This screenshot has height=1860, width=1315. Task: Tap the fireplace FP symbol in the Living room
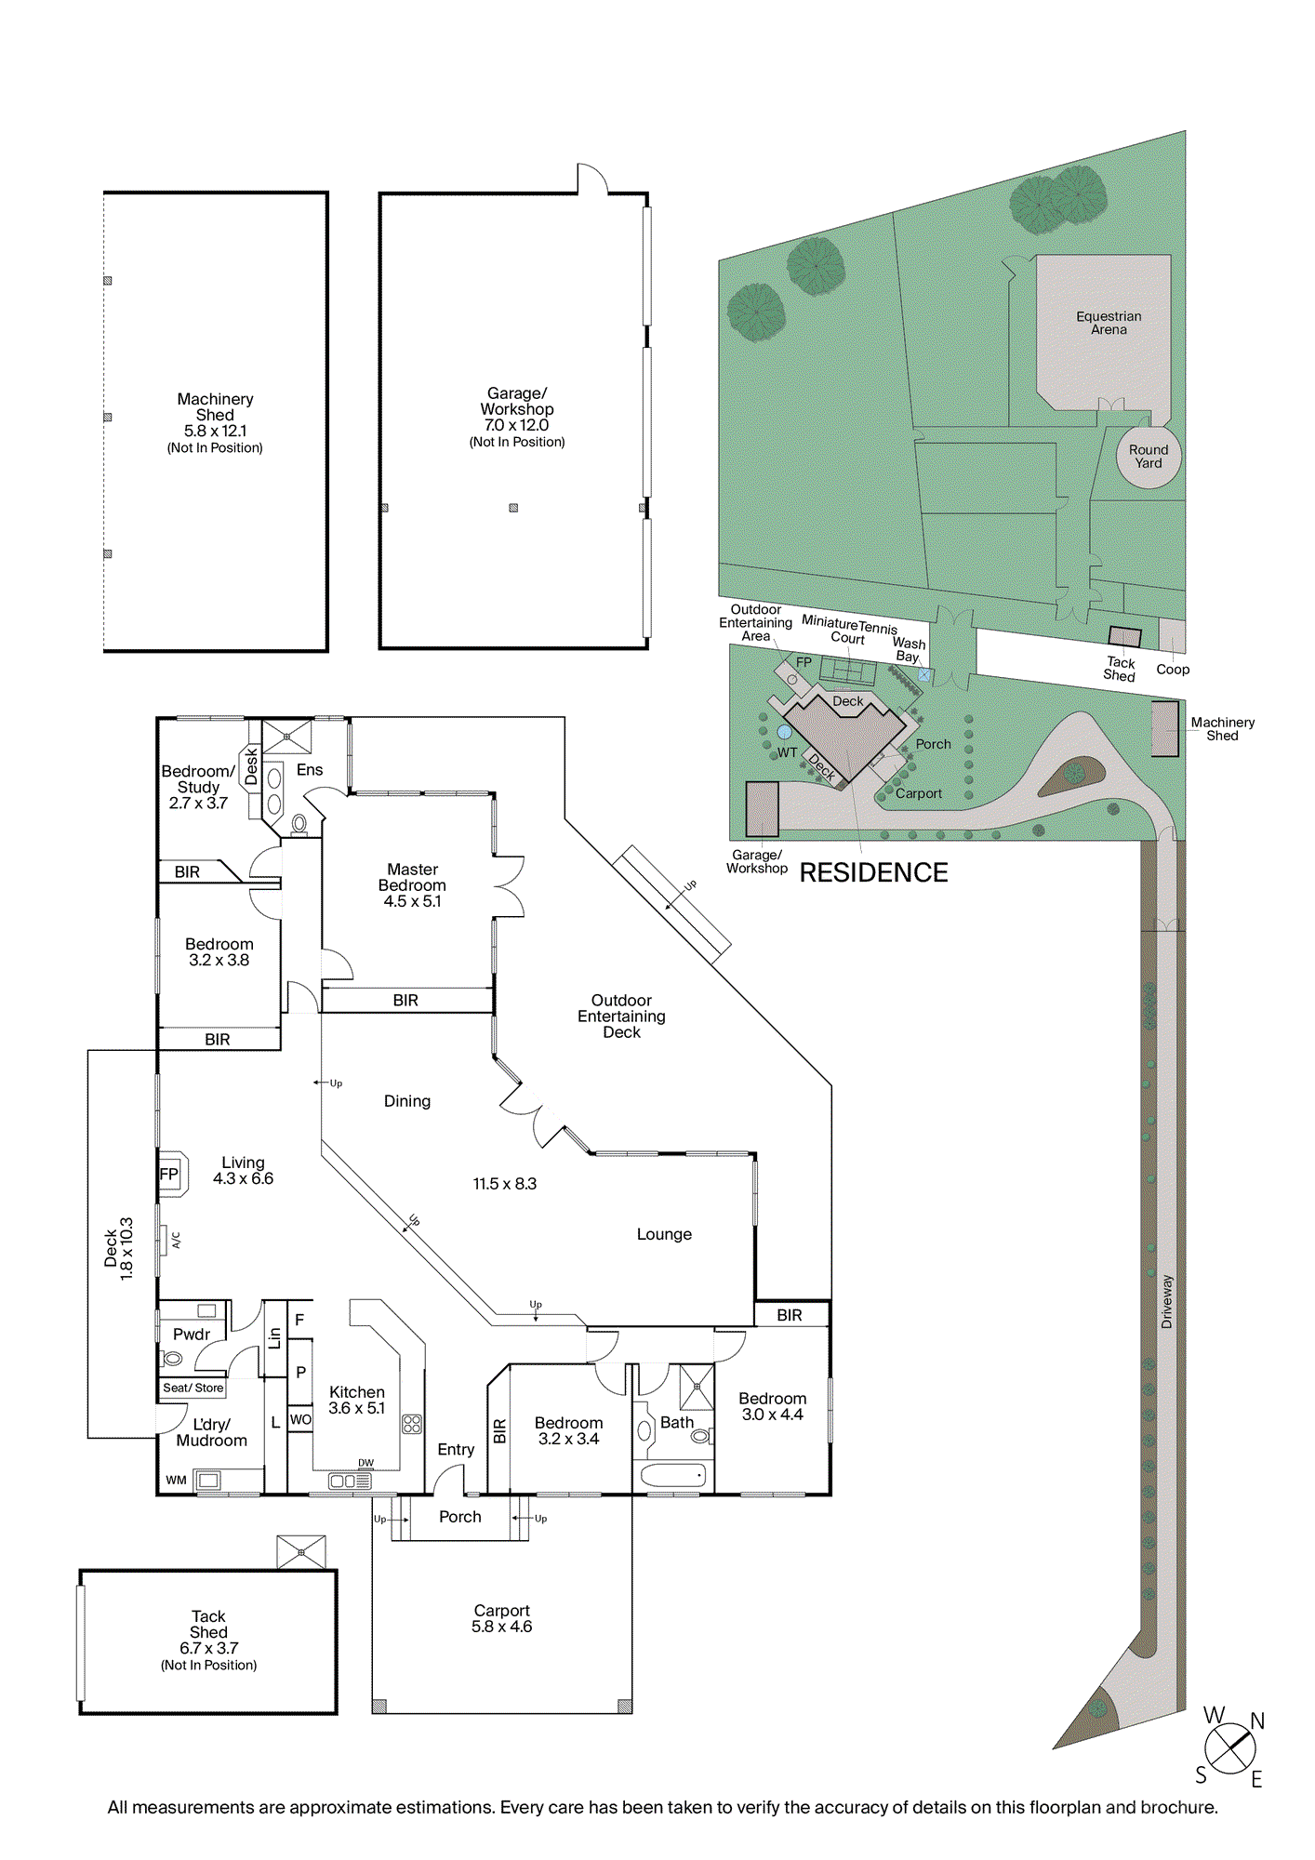tap(169, 1174)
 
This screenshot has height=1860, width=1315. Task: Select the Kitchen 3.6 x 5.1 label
tap(357, 1400)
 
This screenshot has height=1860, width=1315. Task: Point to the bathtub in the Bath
tap(672, 1475)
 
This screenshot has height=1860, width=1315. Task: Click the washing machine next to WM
tap(208, 1480)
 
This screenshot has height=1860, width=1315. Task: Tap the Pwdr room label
tap(192, 1334)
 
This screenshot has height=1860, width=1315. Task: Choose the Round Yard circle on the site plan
tap(1149, 456)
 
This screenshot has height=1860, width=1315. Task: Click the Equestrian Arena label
tap(1109, 323)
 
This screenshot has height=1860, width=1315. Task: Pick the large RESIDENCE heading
tap(873, 872)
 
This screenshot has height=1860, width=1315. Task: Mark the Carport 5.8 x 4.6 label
tap(501, 1618)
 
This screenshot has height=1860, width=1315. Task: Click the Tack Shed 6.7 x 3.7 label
tap(208, 1640)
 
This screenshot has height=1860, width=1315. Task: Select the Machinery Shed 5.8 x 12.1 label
tap(215, 422)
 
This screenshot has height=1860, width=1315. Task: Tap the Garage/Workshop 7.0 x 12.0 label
tap(517, 417)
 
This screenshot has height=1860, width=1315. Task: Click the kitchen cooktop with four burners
tap(412, 1424)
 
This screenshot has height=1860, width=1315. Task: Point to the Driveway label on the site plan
tap(1167, 1301)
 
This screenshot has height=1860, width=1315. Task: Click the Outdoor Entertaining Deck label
tap(621, 1016)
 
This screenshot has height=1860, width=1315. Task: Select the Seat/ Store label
tap(193, 1388)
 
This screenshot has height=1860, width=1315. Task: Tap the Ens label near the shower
tap(310, 770)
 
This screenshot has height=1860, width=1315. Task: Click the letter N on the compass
tap(1257, 1721)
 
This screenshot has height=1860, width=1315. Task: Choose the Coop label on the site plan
tap(1173, 669)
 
